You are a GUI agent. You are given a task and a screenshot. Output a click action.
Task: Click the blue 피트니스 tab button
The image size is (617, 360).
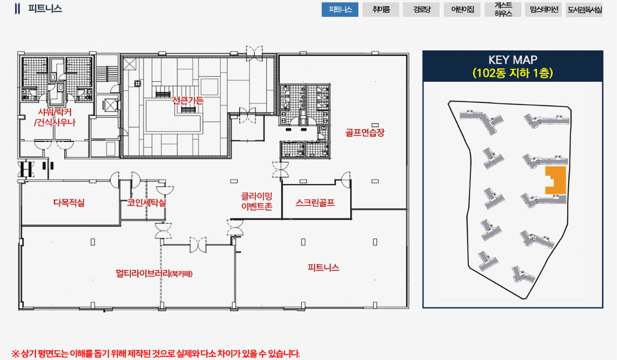coord(340,10)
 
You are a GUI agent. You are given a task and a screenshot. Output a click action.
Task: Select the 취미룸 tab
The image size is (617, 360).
coord(380,10)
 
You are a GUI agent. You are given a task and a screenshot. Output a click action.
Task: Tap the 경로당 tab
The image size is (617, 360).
coord(421,10)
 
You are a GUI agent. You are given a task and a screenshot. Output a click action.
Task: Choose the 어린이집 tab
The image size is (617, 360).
coord(462,10)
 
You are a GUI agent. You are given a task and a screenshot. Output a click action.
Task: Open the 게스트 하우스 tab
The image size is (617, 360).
coord(503,10)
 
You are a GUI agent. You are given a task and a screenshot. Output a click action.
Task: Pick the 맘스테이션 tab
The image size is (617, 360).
coord(543,10)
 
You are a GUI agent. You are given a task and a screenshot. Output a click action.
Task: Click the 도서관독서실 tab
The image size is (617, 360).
coord(584,10)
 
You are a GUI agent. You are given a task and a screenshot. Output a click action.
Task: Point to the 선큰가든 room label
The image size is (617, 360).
coord(188,100)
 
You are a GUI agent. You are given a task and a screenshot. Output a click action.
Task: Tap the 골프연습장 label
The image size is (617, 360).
coord(365,133)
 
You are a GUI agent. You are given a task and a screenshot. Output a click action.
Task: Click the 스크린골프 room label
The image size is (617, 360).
coord(315,203)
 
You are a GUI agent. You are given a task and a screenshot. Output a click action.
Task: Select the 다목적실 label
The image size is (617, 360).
coord(69,203)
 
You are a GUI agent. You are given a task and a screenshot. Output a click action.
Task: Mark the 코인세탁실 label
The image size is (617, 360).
coord(147,203)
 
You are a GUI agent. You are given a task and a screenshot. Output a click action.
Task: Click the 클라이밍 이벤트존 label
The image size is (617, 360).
coord(257,201)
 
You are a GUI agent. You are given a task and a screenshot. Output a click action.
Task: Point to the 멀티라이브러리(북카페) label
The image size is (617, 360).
coord(154,274)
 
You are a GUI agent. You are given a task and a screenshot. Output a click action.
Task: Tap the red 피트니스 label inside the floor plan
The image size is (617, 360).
coord(323,267)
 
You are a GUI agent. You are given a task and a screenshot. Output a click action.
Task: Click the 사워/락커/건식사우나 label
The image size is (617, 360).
coord(55,117)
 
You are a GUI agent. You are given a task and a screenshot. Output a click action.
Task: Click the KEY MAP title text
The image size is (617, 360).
coord(513,60)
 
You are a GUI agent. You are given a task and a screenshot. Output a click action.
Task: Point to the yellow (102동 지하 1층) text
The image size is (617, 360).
coord(513,73)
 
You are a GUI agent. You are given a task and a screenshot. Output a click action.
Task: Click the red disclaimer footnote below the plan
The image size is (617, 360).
coord(156,353)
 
